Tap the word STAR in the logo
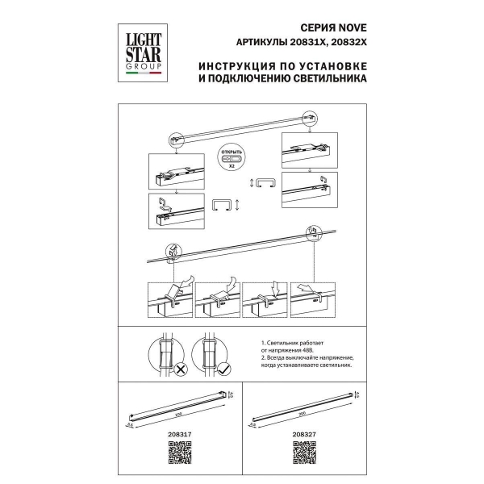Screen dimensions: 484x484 click(x=140, y=53)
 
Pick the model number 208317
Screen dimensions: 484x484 click(x=175, y=433)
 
